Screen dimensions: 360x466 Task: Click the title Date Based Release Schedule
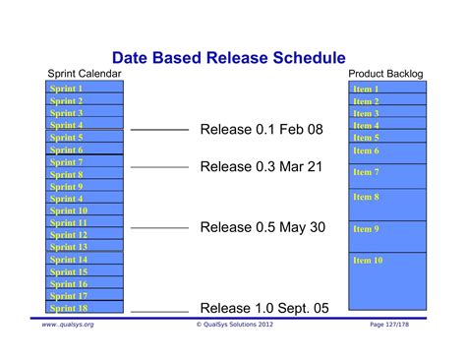tap(228, 59)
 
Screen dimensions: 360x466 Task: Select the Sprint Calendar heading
tap(85, 75)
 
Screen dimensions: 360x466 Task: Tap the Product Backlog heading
tap(386, 75)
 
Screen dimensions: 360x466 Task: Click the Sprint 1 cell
tap(86, 89)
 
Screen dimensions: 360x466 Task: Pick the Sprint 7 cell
tap(86, 161)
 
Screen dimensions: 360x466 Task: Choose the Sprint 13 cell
tap(86, 247)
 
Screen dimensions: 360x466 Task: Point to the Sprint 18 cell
tap(86, 308)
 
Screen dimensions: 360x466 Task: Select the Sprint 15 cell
tap(86, 271)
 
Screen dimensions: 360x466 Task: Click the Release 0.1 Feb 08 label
tap(261, 129)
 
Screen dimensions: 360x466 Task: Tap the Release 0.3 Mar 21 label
tap(261, 166)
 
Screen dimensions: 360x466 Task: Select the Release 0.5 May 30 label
tap(262, 227)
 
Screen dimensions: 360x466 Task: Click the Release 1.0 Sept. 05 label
tap(264, 308)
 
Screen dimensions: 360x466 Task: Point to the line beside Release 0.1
tap(159, 130)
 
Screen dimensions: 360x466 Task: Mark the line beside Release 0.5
tap(159, 228)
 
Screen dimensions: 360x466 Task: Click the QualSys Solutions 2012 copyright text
tap(232, 324)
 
